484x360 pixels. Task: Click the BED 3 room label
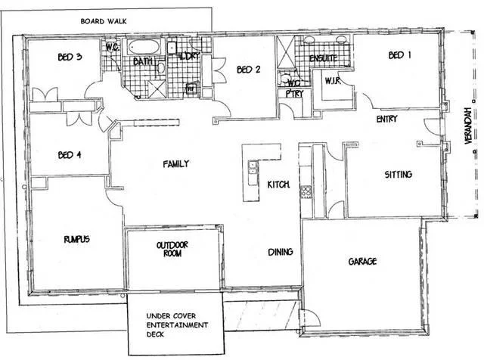click(70, 57)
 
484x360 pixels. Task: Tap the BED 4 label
click(69, 156)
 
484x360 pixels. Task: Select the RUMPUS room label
click(76, 240)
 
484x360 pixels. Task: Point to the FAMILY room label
click(175, 164)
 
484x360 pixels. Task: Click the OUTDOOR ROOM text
click(172, 250)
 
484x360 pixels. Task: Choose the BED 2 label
click(249, 70)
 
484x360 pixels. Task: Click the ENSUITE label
click(323, 58)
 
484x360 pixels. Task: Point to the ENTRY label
click(387, 119)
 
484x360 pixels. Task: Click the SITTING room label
click(399, 175)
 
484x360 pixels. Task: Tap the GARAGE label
click(363, 262)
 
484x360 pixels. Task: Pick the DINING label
click(281, 252)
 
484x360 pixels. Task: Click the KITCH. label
click(277, 185)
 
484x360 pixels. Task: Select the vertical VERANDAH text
click(469, 128)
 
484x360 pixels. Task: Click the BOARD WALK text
click(103, 21)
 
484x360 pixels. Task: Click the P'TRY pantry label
click(288, 95)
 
